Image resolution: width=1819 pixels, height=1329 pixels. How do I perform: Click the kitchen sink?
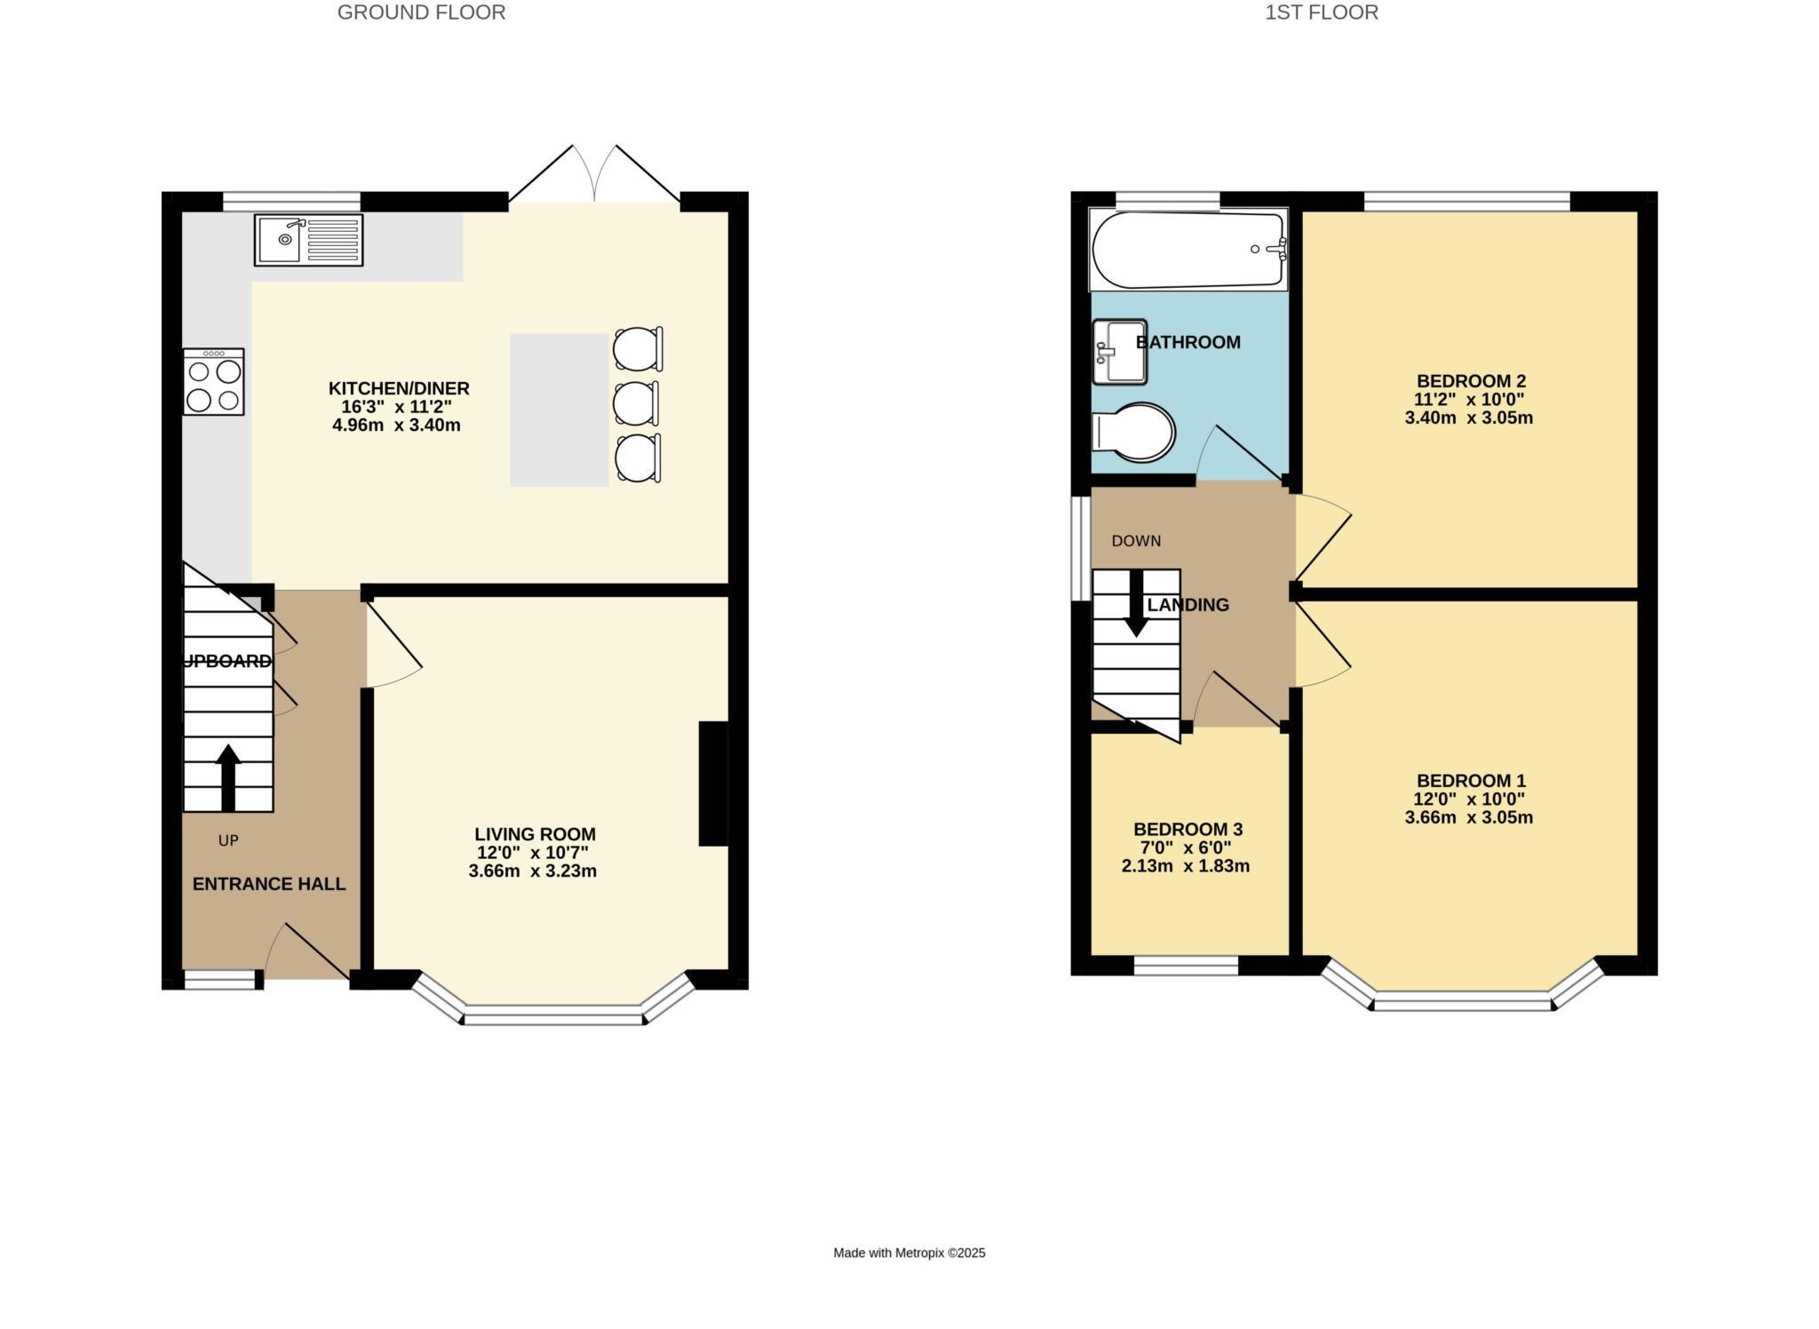click(308, 240)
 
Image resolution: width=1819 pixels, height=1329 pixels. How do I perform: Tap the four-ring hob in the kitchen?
click(213, 382)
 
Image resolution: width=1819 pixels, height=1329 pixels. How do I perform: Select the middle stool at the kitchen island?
click(635, 404)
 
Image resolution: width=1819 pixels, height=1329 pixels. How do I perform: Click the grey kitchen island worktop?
click(559, 410)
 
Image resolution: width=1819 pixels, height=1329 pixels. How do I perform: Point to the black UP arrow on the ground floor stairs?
click(228, 777)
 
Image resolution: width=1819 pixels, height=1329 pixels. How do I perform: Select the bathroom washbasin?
click(1120, 352)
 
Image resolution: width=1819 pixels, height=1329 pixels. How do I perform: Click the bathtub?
click(1188, 250)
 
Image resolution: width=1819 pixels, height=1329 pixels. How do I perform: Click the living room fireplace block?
click(713, 784)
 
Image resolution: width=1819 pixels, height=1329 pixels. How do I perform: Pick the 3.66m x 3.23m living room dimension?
click(532, 871)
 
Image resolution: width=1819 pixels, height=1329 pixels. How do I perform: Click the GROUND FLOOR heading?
click(421, 12)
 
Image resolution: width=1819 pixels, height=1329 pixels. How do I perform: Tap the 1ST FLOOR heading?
click(1322, 12)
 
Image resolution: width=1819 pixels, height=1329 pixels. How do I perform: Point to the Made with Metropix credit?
click(909, 1253)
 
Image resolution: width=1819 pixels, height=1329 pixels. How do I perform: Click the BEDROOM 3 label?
click(1188, 830)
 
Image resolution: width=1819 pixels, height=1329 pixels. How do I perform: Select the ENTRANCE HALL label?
click(269, 884)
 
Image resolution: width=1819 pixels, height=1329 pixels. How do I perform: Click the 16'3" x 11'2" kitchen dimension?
click(397, 407)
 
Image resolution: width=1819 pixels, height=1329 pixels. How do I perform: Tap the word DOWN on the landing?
click(1136, 541)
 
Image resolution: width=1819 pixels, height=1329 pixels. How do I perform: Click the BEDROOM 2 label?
click(1471, 382)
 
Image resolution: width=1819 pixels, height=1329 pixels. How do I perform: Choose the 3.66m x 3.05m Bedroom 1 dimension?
click(1468, 817)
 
